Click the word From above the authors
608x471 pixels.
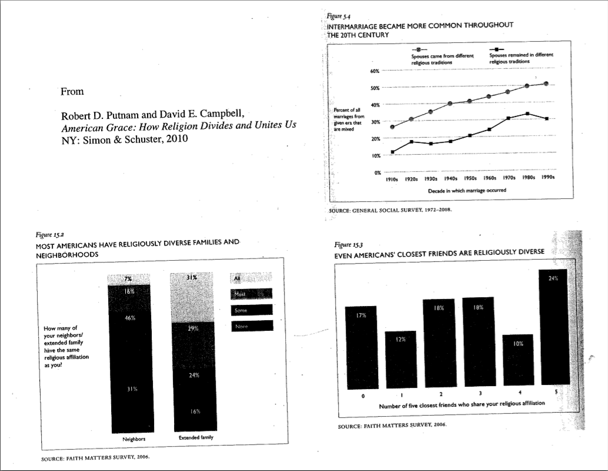pyautogui.click(x=72, y=92)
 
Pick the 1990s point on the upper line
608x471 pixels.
pyautogui.click(x=546, y=84)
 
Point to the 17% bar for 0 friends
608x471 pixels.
pyautogui.click(x=360, y=347)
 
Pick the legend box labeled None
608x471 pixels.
pyautogui.click(x=252, y=326)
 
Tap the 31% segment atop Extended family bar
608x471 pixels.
pyautogui.click(x=192, y=297)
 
